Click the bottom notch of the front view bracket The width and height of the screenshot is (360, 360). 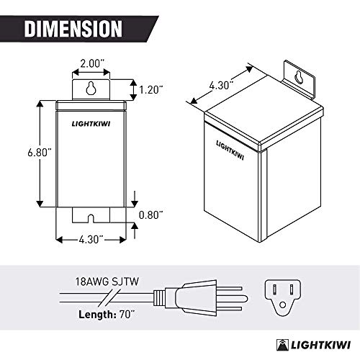(x=91, y=215)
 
